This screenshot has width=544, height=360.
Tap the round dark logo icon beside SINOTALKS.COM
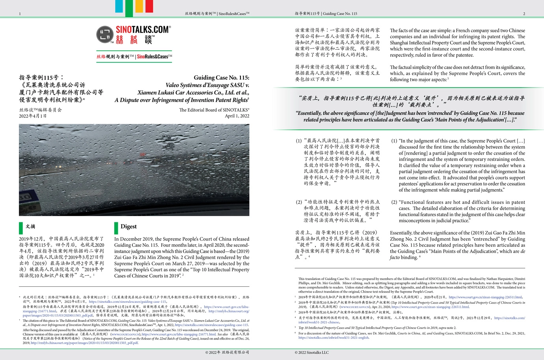point(105,35)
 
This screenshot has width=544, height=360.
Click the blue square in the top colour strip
point(119,6)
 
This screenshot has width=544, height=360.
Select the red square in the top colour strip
point(149,6)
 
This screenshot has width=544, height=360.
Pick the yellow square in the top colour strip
point(139,6)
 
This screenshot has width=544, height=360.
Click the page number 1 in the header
point(20,14)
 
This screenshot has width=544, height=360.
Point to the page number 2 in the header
point(524,14)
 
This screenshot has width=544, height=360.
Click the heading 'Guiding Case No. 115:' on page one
point(221,78)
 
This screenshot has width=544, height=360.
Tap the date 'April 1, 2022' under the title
point(237,116)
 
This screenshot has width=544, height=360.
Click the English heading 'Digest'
point(129,226)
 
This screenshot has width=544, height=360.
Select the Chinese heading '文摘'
point(30,226)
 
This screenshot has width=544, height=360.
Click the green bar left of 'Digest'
point(116,228)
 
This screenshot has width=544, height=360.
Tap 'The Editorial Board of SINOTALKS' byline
point(214,110)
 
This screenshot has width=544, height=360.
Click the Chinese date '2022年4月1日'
point(33,116)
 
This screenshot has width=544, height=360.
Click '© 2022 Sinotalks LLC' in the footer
point(311,352)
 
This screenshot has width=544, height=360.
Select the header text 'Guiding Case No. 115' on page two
point(340,14)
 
